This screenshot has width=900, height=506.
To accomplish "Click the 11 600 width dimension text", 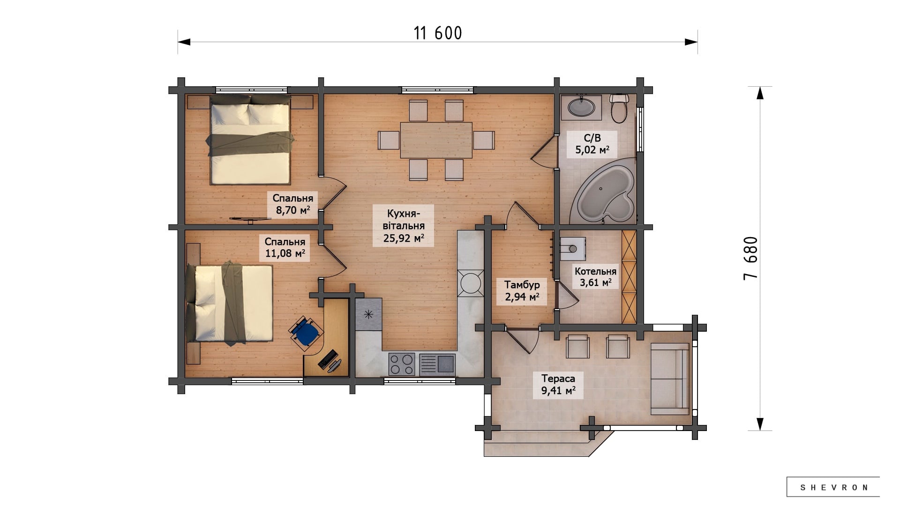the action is (x=438, y=33).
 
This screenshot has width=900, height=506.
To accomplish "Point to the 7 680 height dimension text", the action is (x=750, y=258).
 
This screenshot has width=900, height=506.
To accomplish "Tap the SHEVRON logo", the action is (x=833, y=487).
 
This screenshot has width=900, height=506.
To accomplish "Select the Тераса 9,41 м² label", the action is (x=558, y=385).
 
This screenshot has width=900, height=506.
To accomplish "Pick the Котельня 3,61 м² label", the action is (x=595, y=277).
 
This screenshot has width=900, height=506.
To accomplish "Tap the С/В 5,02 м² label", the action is (x=592, y=144).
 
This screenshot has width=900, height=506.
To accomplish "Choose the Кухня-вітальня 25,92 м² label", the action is (x=403, y=225).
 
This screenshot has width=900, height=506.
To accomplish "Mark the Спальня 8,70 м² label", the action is (x=293, y=204).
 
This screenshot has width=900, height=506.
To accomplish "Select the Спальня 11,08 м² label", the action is (x=285, y=247).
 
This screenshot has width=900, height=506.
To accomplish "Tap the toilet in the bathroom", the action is (x=619, y=108).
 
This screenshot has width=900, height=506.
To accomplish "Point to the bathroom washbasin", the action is (x=582, y=106).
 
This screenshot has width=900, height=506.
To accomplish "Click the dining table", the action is (x=436, y=140).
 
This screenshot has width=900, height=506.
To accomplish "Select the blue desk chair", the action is (x=306, y=331).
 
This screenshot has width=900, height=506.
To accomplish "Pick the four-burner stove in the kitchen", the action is (x=402, y=365).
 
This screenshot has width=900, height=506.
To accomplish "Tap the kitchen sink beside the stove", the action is (x=437, y=365).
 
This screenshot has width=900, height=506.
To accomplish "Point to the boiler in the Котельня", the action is (x=572, y=247).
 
